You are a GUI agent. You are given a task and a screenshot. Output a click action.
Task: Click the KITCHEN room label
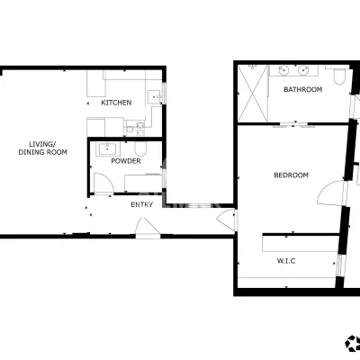pos(116,103)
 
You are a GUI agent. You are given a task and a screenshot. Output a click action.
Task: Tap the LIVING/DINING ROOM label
pos(42,148)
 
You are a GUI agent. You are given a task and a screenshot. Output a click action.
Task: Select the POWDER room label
pos(126,161)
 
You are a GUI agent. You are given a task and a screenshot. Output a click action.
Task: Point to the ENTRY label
pos(142,204)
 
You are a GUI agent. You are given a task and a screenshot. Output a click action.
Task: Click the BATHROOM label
pos(303,89)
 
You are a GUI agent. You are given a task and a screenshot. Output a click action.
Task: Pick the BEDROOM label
pos(291,175)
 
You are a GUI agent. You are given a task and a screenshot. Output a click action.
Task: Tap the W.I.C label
pos(286,261)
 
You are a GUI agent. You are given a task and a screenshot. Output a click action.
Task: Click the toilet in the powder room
pos(140,148)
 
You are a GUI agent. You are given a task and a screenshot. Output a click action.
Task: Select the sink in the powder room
pos(108,148)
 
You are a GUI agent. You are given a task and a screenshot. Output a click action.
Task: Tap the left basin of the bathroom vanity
pos(283,71)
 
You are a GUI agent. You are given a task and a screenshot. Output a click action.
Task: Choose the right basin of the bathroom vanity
pos(303,71)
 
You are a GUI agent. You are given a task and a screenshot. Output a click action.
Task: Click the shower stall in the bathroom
pos(252,94)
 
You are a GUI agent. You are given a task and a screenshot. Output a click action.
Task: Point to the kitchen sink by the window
pos(155,96)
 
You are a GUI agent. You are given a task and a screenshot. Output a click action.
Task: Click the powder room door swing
pos(103,184)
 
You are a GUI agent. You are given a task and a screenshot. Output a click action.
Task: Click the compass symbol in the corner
pos(353,343)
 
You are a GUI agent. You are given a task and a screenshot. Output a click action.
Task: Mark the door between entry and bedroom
pos(226,220)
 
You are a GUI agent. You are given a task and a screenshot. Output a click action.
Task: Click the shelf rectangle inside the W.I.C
pos(301,244)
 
